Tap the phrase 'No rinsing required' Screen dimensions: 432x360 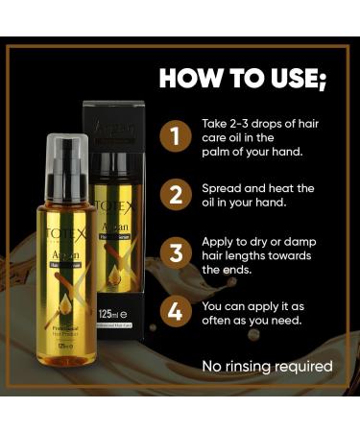pos(267,366)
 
